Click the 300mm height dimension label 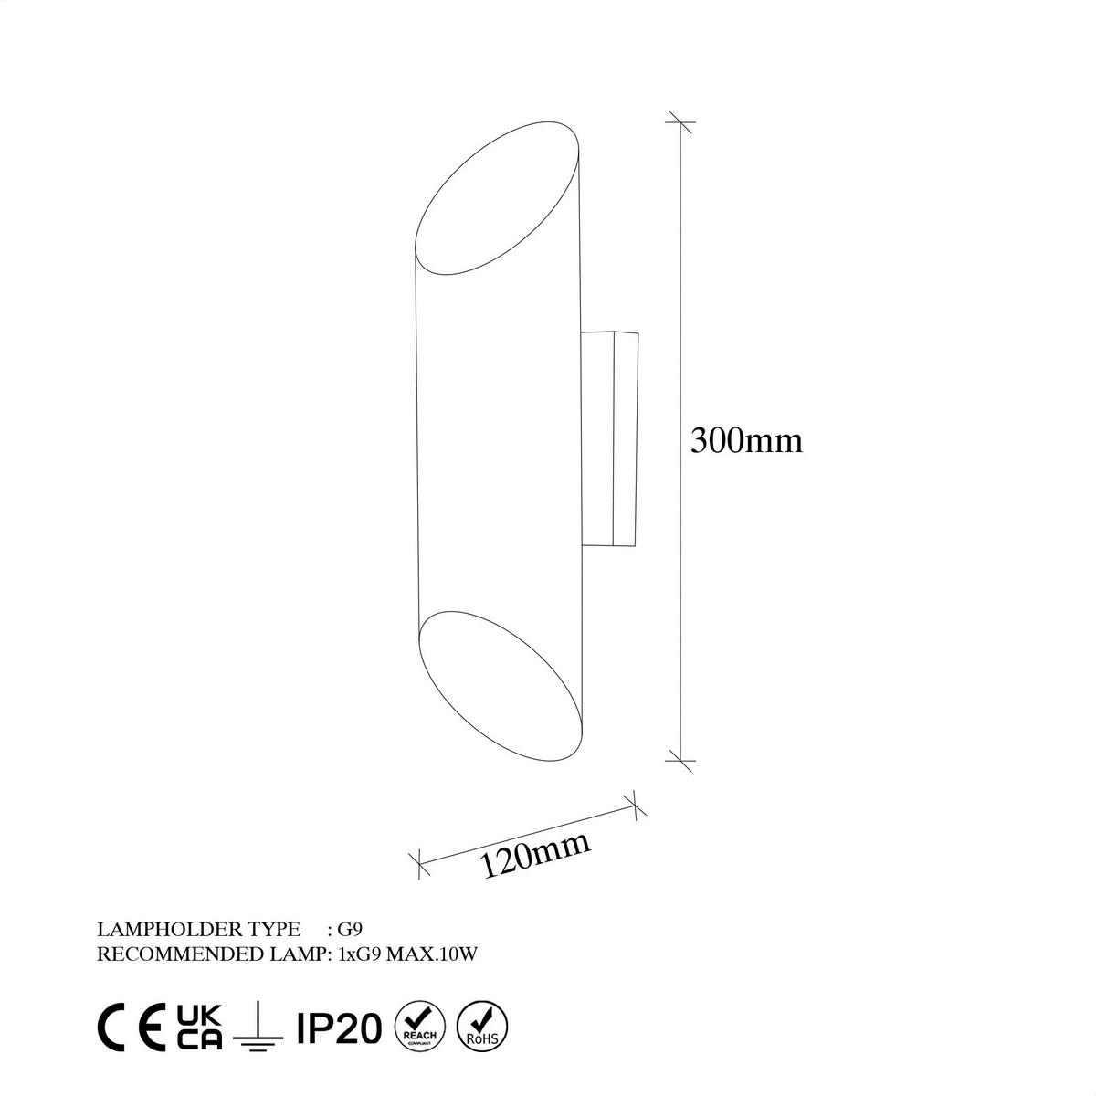[x=746, y=441]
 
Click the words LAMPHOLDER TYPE [x=198, y=930]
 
